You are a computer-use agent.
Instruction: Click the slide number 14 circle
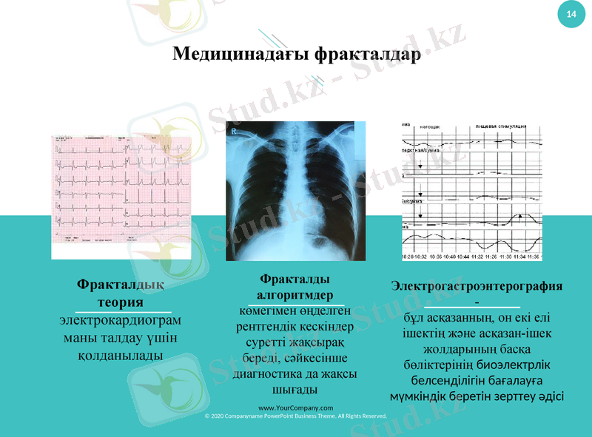[x=571, y=15]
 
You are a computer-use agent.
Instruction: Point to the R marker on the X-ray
[x=235, y=132]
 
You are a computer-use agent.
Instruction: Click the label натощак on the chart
[x=430, y=126]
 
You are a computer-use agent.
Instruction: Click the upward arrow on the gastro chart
[x=520, y=216]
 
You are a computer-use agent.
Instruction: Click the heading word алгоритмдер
[x=295, y=296]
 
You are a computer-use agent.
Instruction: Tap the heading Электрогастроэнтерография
[x=477, y=285]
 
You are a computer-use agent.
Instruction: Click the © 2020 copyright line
[x=295, y=416]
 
